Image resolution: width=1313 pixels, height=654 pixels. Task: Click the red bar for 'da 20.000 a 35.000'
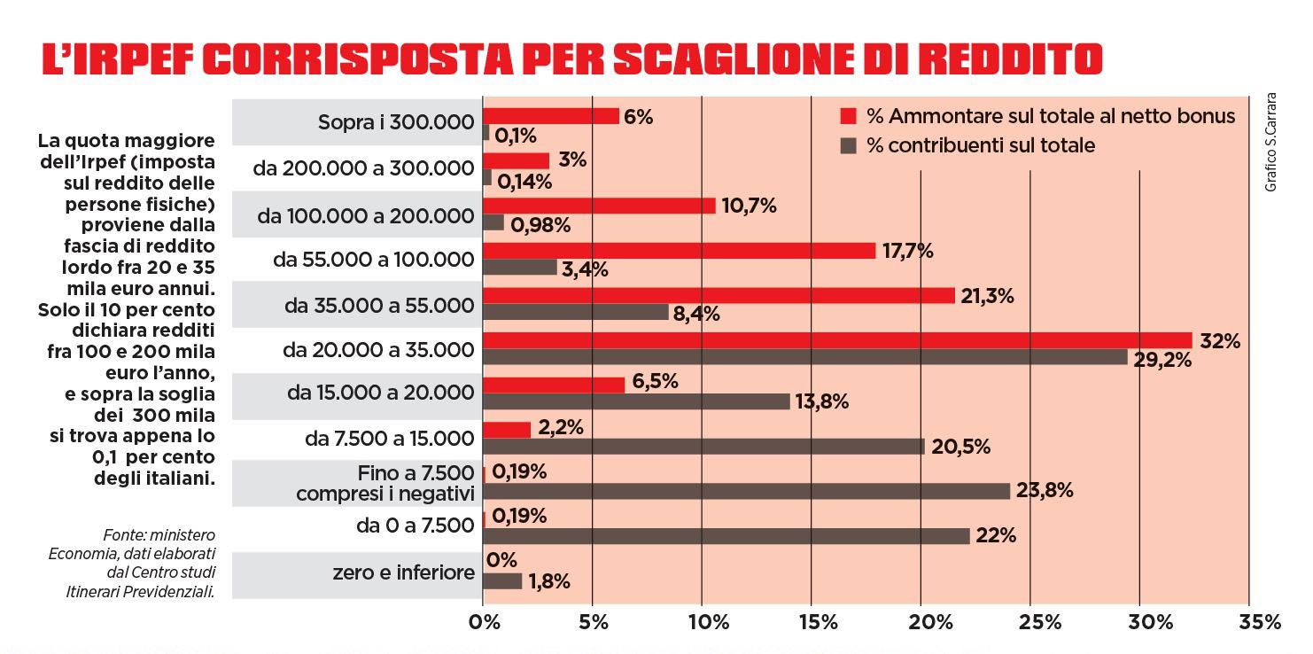coord(837,340)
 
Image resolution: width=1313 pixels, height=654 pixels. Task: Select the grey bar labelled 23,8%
coord(746,491)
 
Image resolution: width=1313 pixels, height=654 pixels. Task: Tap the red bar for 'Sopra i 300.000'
coord(550,116)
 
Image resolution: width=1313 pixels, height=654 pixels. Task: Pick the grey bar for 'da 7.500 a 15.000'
coord(703,447)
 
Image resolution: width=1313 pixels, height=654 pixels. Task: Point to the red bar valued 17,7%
coord(679,251)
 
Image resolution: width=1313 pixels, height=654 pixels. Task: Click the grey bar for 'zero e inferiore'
coord(502,581)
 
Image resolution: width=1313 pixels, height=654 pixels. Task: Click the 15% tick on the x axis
coord(811,622)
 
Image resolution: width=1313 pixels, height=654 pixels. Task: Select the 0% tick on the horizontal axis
coord(483,622)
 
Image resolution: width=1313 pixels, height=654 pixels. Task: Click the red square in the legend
coord(849,116)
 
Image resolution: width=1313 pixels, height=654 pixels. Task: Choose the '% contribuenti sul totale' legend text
coord(981,145)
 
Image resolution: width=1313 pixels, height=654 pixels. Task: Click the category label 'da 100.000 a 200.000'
coord(366,215)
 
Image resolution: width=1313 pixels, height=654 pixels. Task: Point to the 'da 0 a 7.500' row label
coord(415,526)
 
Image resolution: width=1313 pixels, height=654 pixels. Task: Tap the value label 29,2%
coord(1162,362)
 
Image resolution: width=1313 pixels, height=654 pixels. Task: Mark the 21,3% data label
coord(985,297)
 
